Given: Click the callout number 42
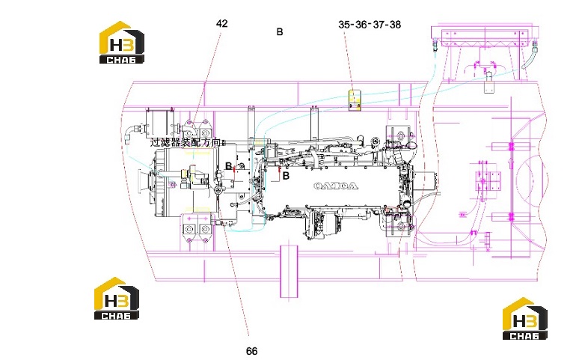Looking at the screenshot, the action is click(x=221, y=23).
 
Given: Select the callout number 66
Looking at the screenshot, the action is click(x=251, y=351).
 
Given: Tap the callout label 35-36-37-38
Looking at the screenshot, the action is click(x=370, y=25).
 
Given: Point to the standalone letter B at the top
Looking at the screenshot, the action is click(x=280, y=32).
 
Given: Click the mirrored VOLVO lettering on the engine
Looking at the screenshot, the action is click(x=336, y=186).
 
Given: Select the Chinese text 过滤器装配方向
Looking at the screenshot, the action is click(x=186, y=142).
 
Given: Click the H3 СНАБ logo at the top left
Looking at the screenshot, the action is click(x=121, y=43).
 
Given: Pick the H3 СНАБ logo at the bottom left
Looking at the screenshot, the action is click(x=117, y=299).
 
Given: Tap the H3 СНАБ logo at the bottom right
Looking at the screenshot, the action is click(x=525, y=318).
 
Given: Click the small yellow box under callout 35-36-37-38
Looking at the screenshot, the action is click(x=355, y=100).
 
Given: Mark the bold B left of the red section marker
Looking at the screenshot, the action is click(x=229, y=166).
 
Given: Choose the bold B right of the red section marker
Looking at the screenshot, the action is click(x=286, y=176).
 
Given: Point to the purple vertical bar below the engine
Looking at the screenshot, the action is click(x=290, y=271).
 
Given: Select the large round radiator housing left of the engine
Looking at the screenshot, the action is click(x=186, y=183).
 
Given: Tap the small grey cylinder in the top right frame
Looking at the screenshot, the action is click(x=489, y=83).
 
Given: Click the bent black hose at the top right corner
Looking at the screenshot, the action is click(x=530, y=56).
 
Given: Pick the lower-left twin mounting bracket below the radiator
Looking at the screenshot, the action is click(x=197, y=228).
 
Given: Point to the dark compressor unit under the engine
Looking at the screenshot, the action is click(x=320, y=224).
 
